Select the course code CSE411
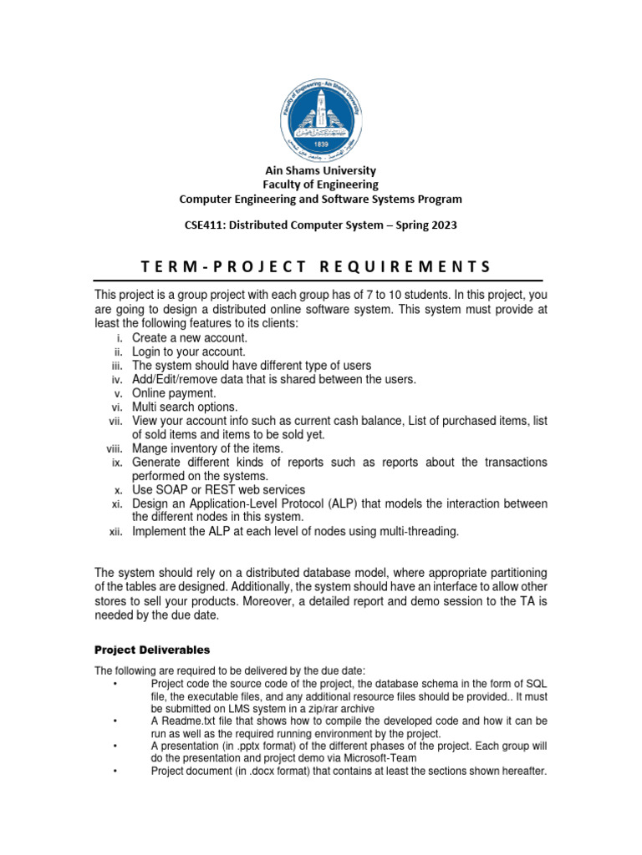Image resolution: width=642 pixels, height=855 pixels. click(203, 225)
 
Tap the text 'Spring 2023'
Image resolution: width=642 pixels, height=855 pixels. click(426, 225)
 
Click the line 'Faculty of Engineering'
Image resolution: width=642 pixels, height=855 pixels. click(321, 185)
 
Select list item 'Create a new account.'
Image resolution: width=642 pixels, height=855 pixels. click(189, 337)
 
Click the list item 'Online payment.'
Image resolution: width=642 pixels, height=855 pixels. click(174, 393)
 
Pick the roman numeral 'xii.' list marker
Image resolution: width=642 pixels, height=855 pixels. click(117, 532)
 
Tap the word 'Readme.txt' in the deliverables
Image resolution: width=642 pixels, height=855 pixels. click(188, 721)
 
